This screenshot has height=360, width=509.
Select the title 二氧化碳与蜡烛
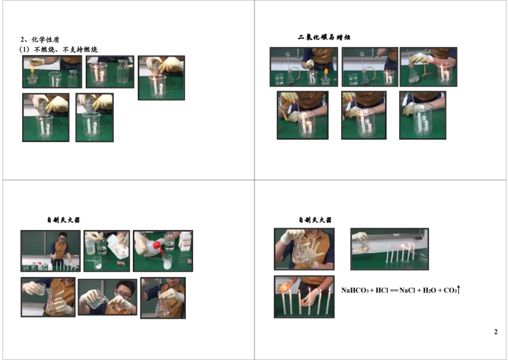coord(324,38)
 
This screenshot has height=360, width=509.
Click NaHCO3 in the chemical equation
coord(354,291)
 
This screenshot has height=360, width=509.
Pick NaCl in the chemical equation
coord(407,291)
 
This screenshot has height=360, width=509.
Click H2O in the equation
coord(430,291)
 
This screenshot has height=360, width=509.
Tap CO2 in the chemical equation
coord(450,291)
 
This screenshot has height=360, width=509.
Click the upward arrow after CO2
coord(458,289)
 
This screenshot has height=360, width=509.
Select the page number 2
coord(496,333)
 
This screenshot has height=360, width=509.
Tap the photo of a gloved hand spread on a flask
coord(303,249)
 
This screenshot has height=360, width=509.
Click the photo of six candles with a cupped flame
coord(303,296)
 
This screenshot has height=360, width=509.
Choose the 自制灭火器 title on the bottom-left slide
coord(63,220)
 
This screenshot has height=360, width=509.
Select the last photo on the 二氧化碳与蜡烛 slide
coord(422,115)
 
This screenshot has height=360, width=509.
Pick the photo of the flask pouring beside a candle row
coord(389,249)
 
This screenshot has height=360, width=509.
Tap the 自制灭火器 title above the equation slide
coord(315,220)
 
